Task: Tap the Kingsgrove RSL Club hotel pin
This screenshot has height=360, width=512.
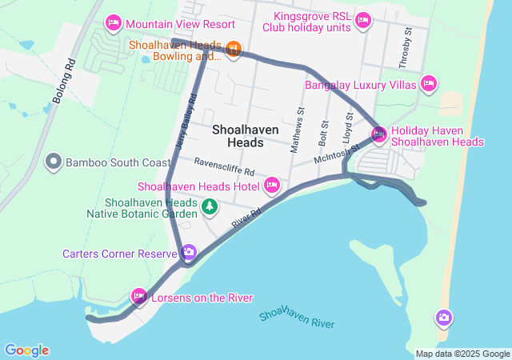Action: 362,20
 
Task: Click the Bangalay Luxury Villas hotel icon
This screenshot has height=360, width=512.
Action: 429,82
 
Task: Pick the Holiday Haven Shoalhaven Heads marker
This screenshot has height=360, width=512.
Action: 378,134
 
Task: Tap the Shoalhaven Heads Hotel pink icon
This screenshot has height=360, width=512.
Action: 272,186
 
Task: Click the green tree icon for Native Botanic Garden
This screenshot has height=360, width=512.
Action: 209,207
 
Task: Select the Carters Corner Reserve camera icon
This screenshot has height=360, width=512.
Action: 189,253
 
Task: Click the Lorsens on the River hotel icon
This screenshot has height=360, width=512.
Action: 139,297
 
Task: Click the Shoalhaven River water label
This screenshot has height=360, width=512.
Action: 296,317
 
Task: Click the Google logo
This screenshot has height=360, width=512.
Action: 26,350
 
